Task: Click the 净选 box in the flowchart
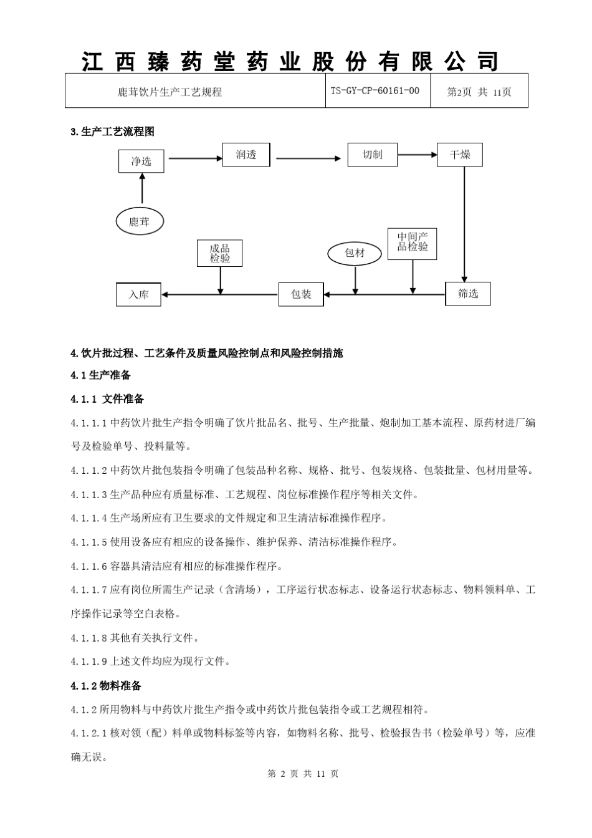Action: (x=141, y=161)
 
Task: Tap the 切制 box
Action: (x=372, y=155)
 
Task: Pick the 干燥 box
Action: (x=460, y=155)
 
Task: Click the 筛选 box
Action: (x=468, y=294)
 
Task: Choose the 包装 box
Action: (x=301, y=294)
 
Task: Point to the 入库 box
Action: (x=138, y=294)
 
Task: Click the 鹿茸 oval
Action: (x=141, y=221)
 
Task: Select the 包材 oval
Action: (x=355, y=253)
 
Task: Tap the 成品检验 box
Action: (x=219, y=253)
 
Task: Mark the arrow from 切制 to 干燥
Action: (x=417, y=155)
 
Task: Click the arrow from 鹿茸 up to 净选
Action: (x=142, y=188)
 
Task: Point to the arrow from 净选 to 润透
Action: (x=195, y=158)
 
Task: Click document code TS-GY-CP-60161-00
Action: (x=375, y=91)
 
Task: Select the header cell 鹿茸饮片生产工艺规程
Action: (x=170, y=92)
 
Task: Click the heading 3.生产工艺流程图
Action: (x=113, y=132)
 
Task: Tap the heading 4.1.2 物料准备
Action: (x=107, y=686)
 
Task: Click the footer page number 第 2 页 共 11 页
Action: (x=303, y=774)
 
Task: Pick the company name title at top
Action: (x=291, y=61)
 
